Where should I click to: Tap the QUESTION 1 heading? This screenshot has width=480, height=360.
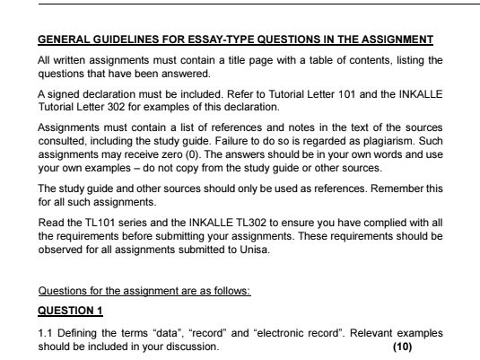pyautogui.click(x=70, y=311)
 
